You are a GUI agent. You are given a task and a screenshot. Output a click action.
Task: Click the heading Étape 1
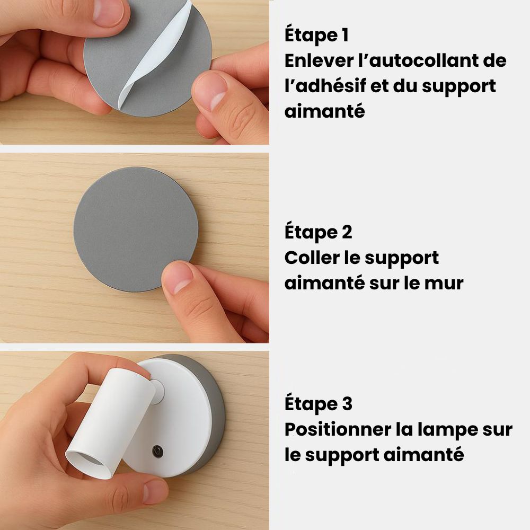[316, 36]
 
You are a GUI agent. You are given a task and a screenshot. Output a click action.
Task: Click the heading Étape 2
[318, 233]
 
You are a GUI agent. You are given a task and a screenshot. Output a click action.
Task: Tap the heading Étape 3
[318, 404]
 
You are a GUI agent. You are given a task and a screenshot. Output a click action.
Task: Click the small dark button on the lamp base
[157, 452]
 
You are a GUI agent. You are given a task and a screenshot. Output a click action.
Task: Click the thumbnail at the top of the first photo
[109, 12]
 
